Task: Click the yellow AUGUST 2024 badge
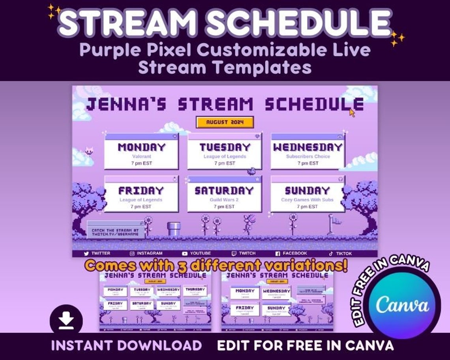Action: coord(225,122)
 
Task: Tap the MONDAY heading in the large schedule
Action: coord(141,147)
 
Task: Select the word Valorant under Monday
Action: coord(141,156)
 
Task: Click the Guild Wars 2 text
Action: coord(224,200)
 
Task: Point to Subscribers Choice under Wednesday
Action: coord(308,156)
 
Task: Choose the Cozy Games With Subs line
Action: coord(307,200)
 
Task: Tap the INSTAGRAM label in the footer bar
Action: coord(149,253)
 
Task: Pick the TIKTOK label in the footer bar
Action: coord(343,253)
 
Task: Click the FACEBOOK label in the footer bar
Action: coord(294,253)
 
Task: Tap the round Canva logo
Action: coord(402,305)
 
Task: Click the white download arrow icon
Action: coord(66,321)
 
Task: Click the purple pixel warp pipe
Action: coord(174,229)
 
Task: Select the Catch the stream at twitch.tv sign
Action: coord(115,232)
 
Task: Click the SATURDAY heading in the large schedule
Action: coord(224,191)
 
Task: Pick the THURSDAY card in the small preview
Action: coord(195,291)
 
